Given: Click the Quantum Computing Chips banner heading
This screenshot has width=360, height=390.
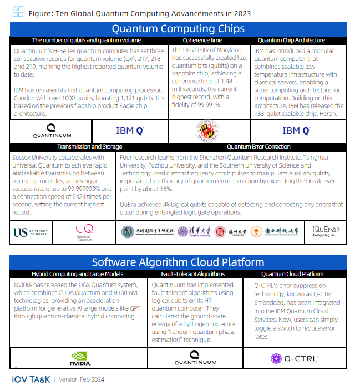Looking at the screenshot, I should (178, 29).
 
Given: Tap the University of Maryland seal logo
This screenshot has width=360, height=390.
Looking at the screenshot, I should (209, 131).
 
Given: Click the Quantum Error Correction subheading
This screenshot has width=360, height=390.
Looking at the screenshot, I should (258, 147).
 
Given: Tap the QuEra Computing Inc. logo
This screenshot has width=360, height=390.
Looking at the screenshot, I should (327, 231).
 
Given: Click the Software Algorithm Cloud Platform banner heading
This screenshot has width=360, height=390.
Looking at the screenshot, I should (178, 262).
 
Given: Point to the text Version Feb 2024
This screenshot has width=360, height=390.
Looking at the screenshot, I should (81, 379).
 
